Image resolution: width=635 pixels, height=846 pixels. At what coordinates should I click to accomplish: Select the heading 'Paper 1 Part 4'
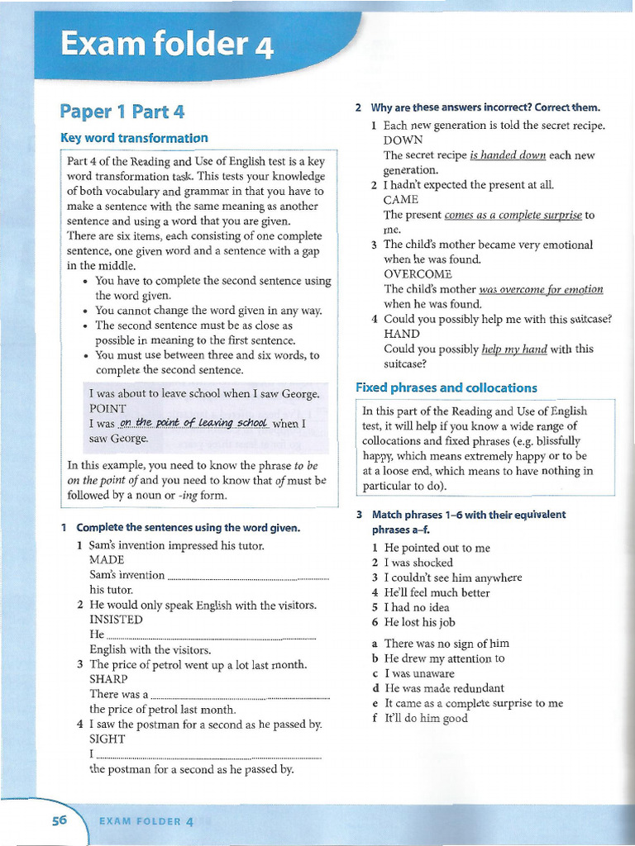coord(122,112)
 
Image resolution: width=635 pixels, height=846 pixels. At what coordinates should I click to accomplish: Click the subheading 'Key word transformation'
coord(134,138)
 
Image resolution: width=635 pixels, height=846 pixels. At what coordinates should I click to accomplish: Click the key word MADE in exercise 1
coord(107,560)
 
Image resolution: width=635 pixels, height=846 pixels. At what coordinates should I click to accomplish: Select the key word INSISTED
coord(116,620)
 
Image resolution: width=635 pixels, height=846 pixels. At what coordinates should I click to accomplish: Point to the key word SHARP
coord(108,679)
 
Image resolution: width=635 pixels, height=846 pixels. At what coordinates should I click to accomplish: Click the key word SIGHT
coord(107,739)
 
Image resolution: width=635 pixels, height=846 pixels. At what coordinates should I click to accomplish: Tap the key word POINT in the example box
coord(107,408)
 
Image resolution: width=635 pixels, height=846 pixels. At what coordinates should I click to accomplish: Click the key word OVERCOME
coord(418,274)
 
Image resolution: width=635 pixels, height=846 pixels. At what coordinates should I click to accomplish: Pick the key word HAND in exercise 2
coord(402,334)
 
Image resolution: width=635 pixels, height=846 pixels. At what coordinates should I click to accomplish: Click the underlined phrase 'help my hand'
coord(514,349)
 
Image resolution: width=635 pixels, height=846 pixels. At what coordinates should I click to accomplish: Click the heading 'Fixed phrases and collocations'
coord(446,387)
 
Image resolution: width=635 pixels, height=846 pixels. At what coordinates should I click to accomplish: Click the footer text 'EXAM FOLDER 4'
coord(146,821)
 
